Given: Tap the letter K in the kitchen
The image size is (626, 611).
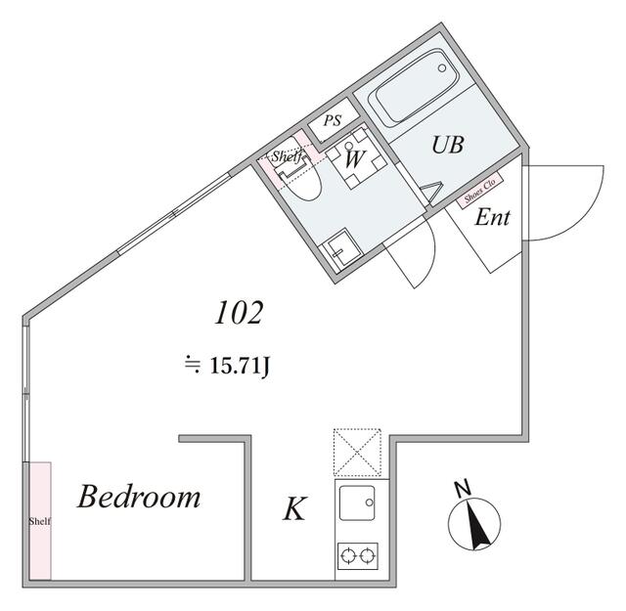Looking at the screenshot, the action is (x=294, y=508).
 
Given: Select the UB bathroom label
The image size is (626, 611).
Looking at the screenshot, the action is (x=448, y=145).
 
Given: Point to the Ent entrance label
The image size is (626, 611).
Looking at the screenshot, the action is (x=492, y=217).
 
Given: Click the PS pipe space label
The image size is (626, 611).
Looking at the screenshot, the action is (x=333, y=120).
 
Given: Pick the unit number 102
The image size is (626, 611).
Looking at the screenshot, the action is (x=239, y=313).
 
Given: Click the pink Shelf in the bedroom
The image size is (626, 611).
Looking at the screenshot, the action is (x=40, y=521).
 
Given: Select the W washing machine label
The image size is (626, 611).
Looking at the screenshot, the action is (x=354, y=158).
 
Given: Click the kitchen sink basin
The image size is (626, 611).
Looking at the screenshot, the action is (x=356, y=502).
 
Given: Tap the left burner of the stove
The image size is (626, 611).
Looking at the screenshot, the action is (x=348, y=555).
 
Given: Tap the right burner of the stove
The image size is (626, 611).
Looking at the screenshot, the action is (x=367, y=555).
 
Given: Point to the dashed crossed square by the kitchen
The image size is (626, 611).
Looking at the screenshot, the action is (x=357, y=453).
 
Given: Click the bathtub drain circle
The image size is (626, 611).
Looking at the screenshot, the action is (x=441, y=68).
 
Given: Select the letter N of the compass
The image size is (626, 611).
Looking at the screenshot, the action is (x=463, y=489).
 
